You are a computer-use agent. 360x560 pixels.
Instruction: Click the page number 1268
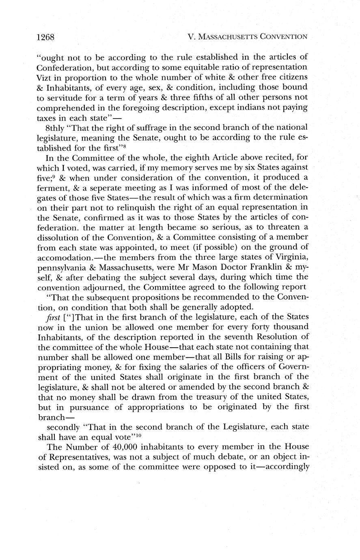click(x=45, y=37)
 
